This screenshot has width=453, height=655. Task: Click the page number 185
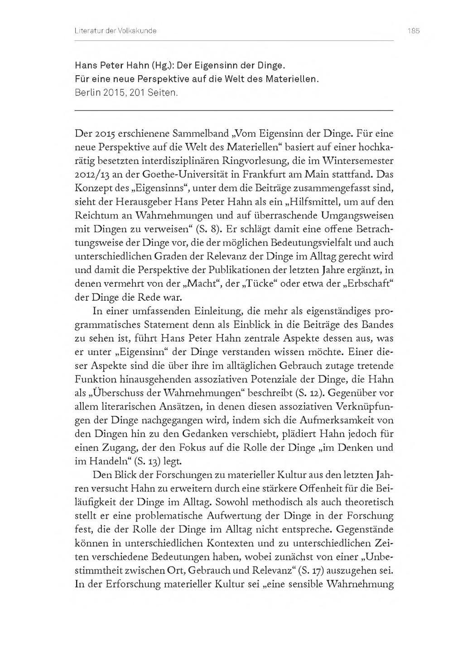[x=414, y=31]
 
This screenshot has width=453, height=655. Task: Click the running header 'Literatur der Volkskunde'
[x=116, y=31]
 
